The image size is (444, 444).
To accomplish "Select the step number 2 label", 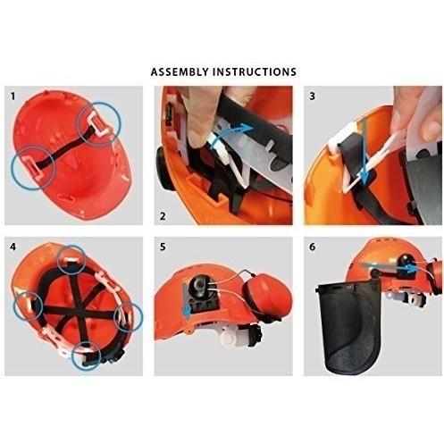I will coord(162,216).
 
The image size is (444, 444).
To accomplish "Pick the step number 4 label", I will coord(11,246).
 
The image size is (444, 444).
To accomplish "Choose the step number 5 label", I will coord(162,246).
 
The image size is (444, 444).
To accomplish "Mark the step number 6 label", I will coord(312,246).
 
